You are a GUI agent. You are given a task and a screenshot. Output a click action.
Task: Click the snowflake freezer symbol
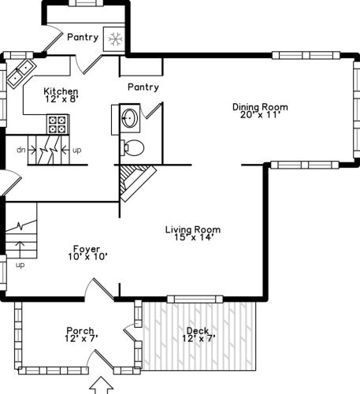tap(116, 39)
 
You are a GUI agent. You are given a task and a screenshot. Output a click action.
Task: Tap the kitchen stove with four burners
tap(58, 125)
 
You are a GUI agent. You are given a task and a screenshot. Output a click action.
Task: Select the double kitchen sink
tap(21, 72)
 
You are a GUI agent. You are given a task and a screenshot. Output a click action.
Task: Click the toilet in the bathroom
tap(132, 147)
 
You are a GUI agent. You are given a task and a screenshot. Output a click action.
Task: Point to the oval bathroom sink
tap(129, 118)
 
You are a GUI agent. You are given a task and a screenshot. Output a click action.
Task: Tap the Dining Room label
tap(260, 107)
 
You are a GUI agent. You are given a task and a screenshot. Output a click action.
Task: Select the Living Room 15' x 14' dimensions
tap(193, 237)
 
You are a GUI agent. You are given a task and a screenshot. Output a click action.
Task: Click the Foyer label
tap(87, 249)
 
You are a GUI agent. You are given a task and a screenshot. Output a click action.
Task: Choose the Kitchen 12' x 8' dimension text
tap(61, 99)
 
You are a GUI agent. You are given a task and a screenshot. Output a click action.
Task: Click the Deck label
tap(198, 330)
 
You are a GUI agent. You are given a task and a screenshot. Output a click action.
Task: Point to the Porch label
tap(80, 331)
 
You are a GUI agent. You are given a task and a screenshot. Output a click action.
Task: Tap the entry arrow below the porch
tap(102, 385)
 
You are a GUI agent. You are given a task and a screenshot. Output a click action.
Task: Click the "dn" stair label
tap(21, 150)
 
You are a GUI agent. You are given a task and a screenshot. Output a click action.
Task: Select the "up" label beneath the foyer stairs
tap(20, 265)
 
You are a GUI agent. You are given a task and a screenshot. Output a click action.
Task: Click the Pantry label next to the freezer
tap(83, 37)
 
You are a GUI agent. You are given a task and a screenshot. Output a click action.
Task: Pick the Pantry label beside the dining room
tap(143, 87)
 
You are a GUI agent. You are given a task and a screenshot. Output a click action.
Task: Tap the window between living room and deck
tap(195, 299)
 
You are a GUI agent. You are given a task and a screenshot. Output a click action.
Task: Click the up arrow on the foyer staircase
tap(20, 250)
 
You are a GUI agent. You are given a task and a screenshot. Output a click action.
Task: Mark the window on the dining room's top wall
tap(306, 55)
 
